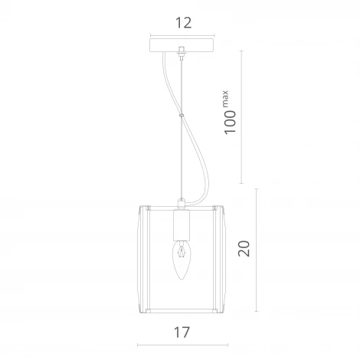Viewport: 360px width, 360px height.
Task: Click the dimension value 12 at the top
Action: pyautogui.click(x=182, y=23)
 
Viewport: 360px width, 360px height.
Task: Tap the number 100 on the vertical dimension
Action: pyautogui.click(x=231, y=121)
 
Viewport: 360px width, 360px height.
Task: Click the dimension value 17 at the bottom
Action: pyautogui.click(x=182, y=332)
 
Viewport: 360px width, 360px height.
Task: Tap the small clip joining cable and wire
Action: pyautogui.click(x=182, y=116)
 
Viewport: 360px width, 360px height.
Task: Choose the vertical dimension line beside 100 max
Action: pyautogui.click(x=242, y=115)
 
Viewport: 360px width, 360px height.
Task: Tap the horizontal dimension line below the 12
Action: pyautogui.click(x=182, y=34)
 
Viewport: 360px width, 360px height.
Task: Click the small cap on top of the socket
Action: pyautogui.click(x=182, y=204)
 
